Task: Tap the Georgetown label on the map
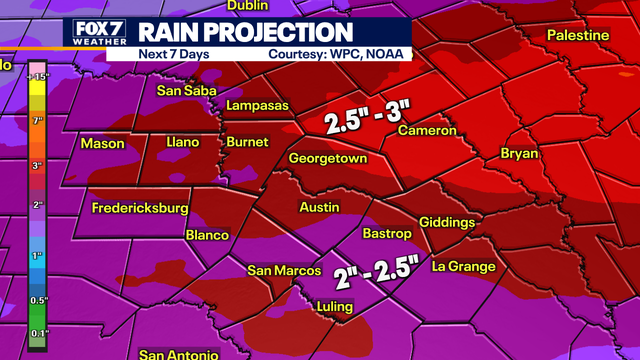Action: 328,159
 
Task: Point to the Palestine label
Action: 578,36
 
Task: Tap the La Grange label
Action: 463,266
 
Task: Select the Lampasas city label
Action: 258,105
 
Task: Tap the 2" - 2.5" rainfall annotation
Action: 366,271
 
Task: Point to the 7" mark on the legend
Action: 39,120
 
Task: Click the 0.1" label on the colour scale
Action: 39,333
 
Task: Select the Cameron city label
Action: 427,131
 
